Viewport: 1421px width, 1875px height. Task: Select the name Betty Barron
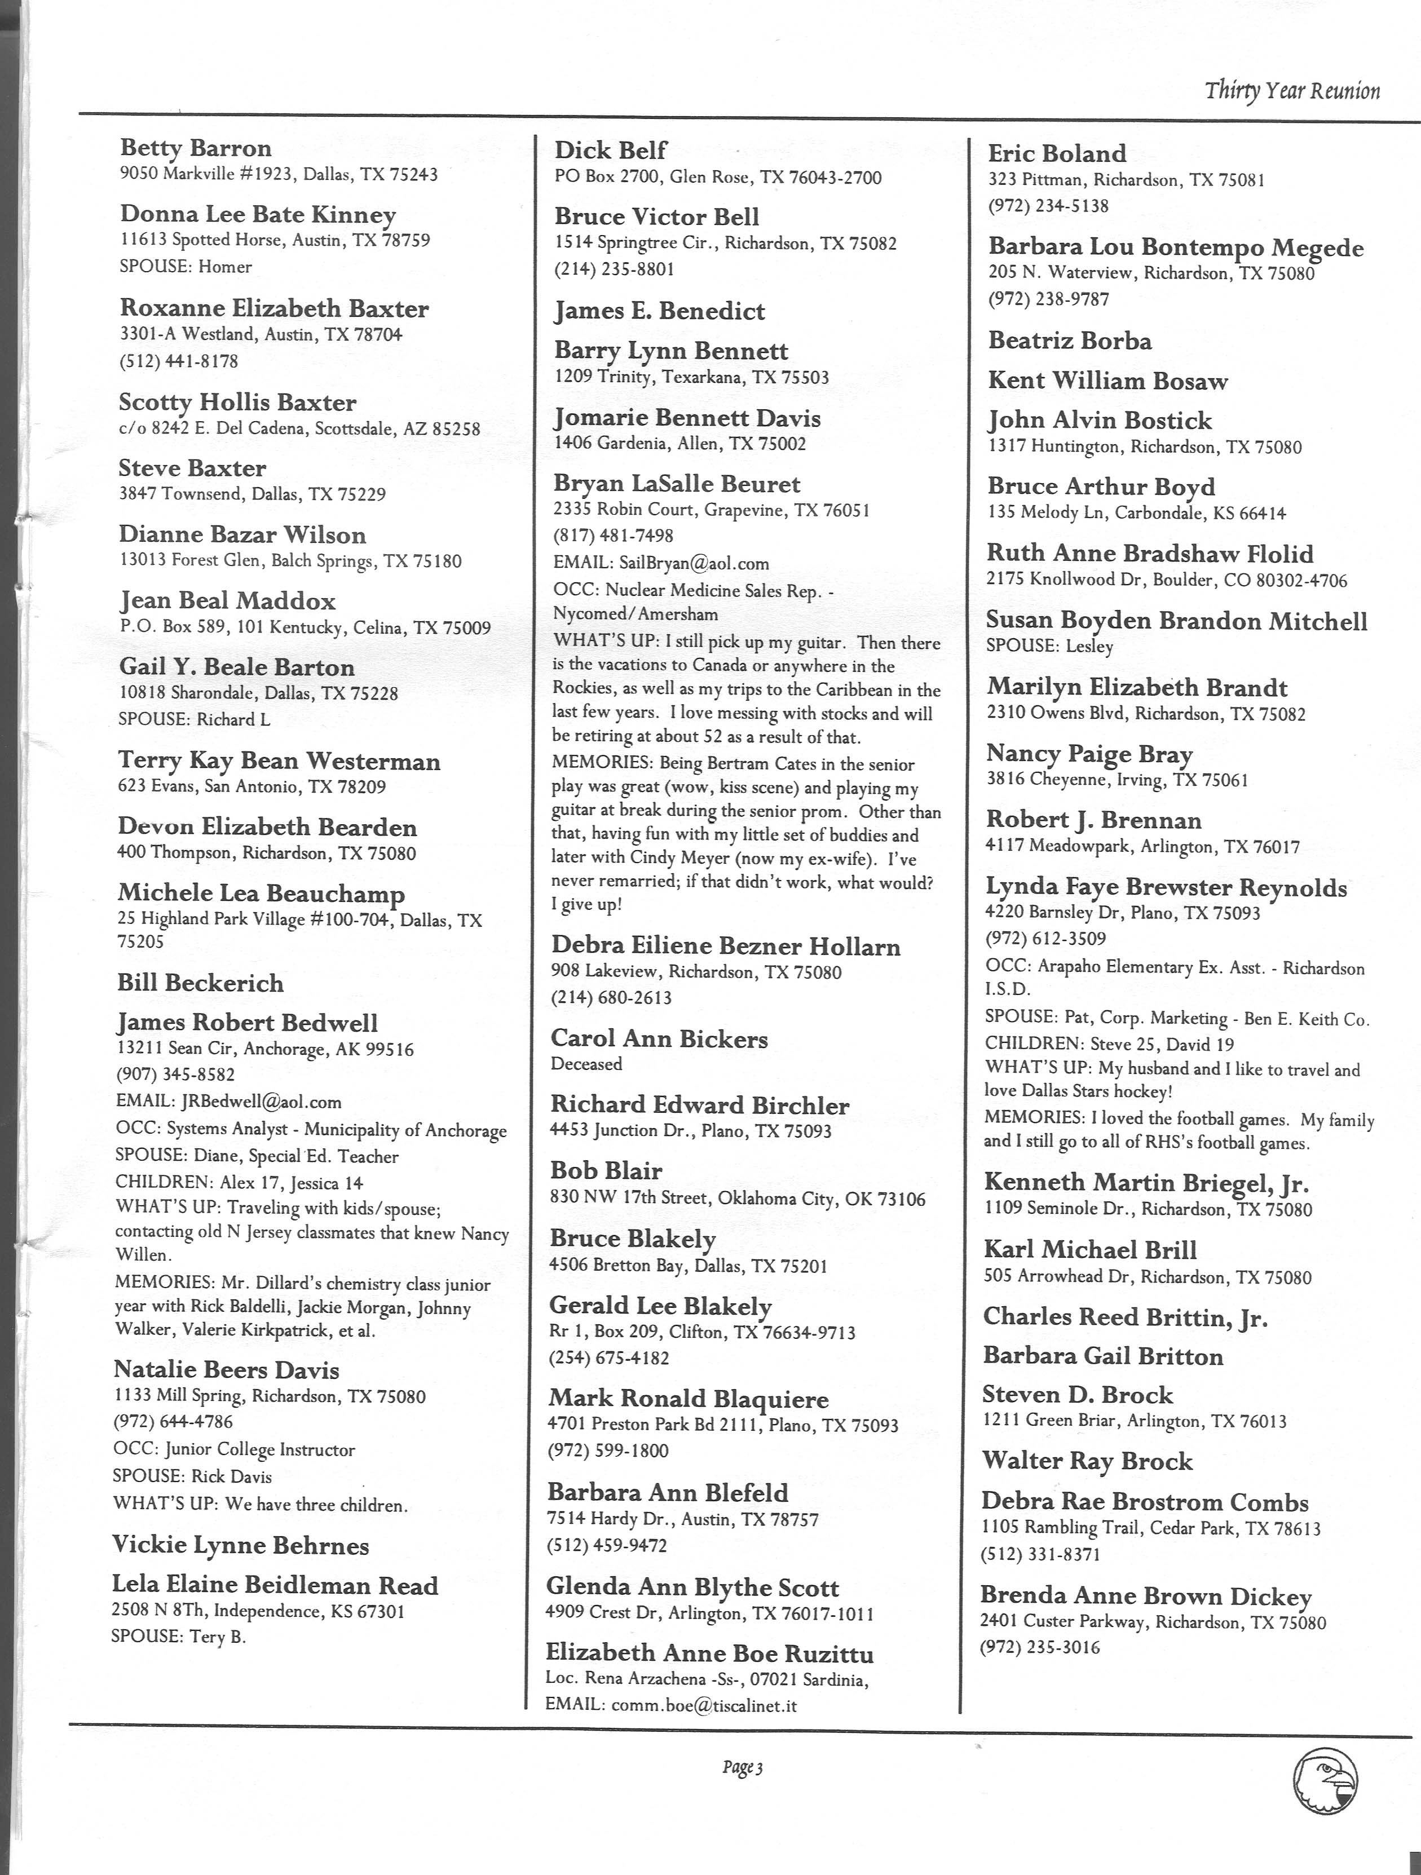pyautogui.click(x=196, y=148)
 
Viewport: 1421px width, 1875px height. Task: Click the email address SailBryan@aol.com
pyautogui.click(x=694, y=563)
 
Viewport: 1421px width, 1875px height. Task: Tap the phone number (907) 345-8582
pyautogui.click(x=175, y=1074)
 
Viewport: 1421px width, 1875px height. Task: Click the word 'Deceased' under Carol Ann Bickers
pyautogui.click(x=586, y=1064)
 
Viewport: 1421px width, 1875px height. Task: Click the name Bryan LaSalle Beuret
pyautogui.click(x=677, y=484)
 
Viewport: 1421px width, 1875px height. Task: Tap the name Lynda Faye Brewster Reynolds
pyautogui.click(x=1166, y=887)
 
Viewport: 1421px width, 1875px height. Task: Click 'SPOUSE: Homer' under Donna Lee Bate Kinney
pyautogui.click(x=186, y=267)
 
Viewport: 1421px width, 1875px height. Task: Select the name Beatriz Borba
pyautogui.click(x=1070, y=340)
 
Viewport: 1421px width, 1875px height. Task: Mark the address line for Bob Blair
pyautogui.click(x=738, y=1199)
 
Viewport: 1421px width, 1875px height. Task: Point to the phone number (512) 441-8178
pyautogui.click(x=178, y=361)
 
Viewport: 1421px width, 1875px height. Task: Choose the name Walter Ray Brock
pyautogui.click(x=1087, y=1461)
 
